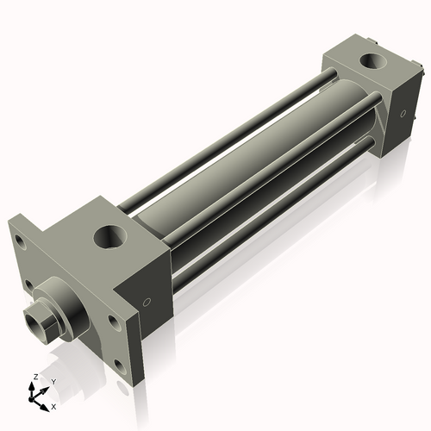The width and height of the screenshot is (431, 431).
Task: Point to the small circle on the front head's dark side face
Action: coord(147,302)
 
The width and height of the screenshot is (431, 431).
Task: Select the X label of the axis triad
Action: coord(53,405)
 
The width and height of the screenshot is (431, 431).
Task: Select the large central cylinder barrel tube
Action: coord(241,172)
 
